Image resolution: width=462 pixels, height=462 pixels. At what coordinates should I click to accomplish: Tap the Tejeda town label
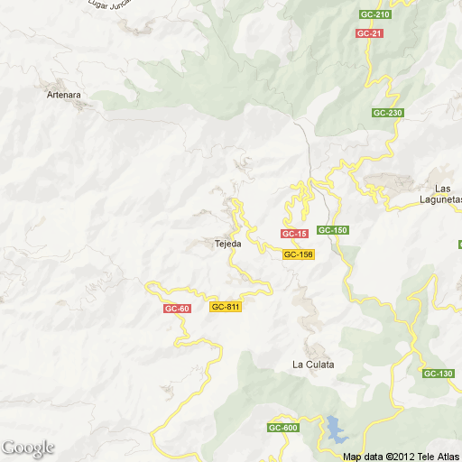(226, 244)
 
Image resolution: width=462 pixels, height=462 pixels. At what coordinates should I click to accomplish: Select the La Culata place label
(313, 365)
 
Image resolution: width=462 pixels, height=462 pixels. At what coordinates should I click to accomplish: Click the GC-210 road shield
(374, 15)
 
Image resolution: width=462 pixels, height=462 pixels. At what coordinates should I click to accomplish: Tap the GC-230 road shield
(387, 113)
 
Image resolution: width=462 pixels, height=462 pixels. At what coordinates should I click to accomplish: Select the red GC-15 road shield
(294, 234)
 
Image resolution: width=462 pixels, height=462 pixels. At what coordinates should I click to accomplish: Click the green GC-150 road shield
(333, 230)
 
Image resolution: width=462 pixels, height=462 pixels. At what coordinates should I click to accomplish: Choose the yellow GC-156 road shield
(298, 254)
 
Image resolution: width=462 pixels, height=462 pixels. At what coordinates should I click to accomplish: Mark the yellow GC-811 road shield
(225, 307)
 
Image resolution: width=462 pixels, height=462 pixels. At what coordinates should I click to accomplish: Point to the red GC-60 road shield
(177, 309)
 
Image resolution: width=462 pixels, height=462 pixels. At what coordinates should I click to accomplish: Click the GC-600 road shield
(282, 428)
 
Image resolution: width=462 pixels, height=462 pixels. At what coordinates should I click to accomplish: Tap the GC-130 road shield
(438, 374)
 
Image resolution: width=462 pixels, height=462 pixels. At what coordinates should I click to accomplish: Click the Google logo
(28, 448)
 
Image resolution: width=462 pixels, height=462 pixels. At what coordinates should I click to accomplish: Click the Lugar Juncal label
(115, 4)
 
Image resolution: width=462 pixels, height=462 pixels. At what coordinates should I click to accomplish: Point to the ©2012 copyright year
(398, 457)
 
